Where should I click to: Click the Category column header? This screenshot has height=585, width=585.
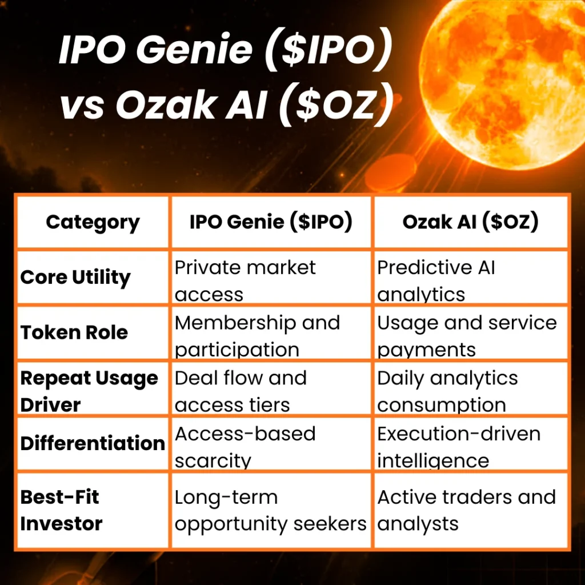tap(93, 222)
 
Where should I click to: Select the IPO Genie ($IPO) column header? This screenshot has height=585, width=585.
tap(271, 222)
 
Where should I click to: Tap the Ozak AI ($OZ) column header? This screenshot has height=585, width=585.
tap(470, 222)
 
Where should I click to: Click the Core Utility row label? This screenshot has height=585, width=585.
tap(75, 278)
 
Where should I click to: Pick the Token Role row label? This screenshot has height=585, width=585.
tap(74, 332)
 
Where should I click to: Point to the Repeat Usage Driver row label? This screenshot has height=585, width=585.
tap(89, 391)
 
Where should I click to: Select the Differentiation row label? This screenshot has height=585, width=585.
tap(93, 443)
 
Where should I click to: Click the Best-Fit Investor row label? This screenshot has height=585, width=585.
tap(62, 510)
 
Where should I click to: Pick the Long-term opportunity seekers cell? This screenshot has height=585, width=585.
tap(270, 510)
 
